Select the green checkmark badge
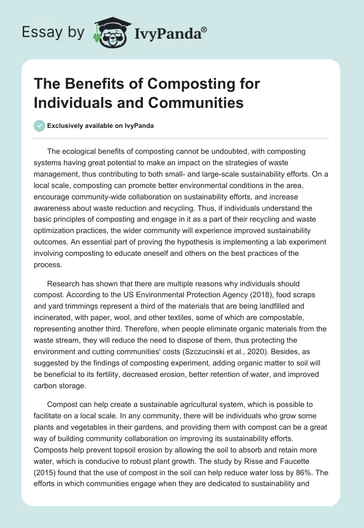pos(39,126)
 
